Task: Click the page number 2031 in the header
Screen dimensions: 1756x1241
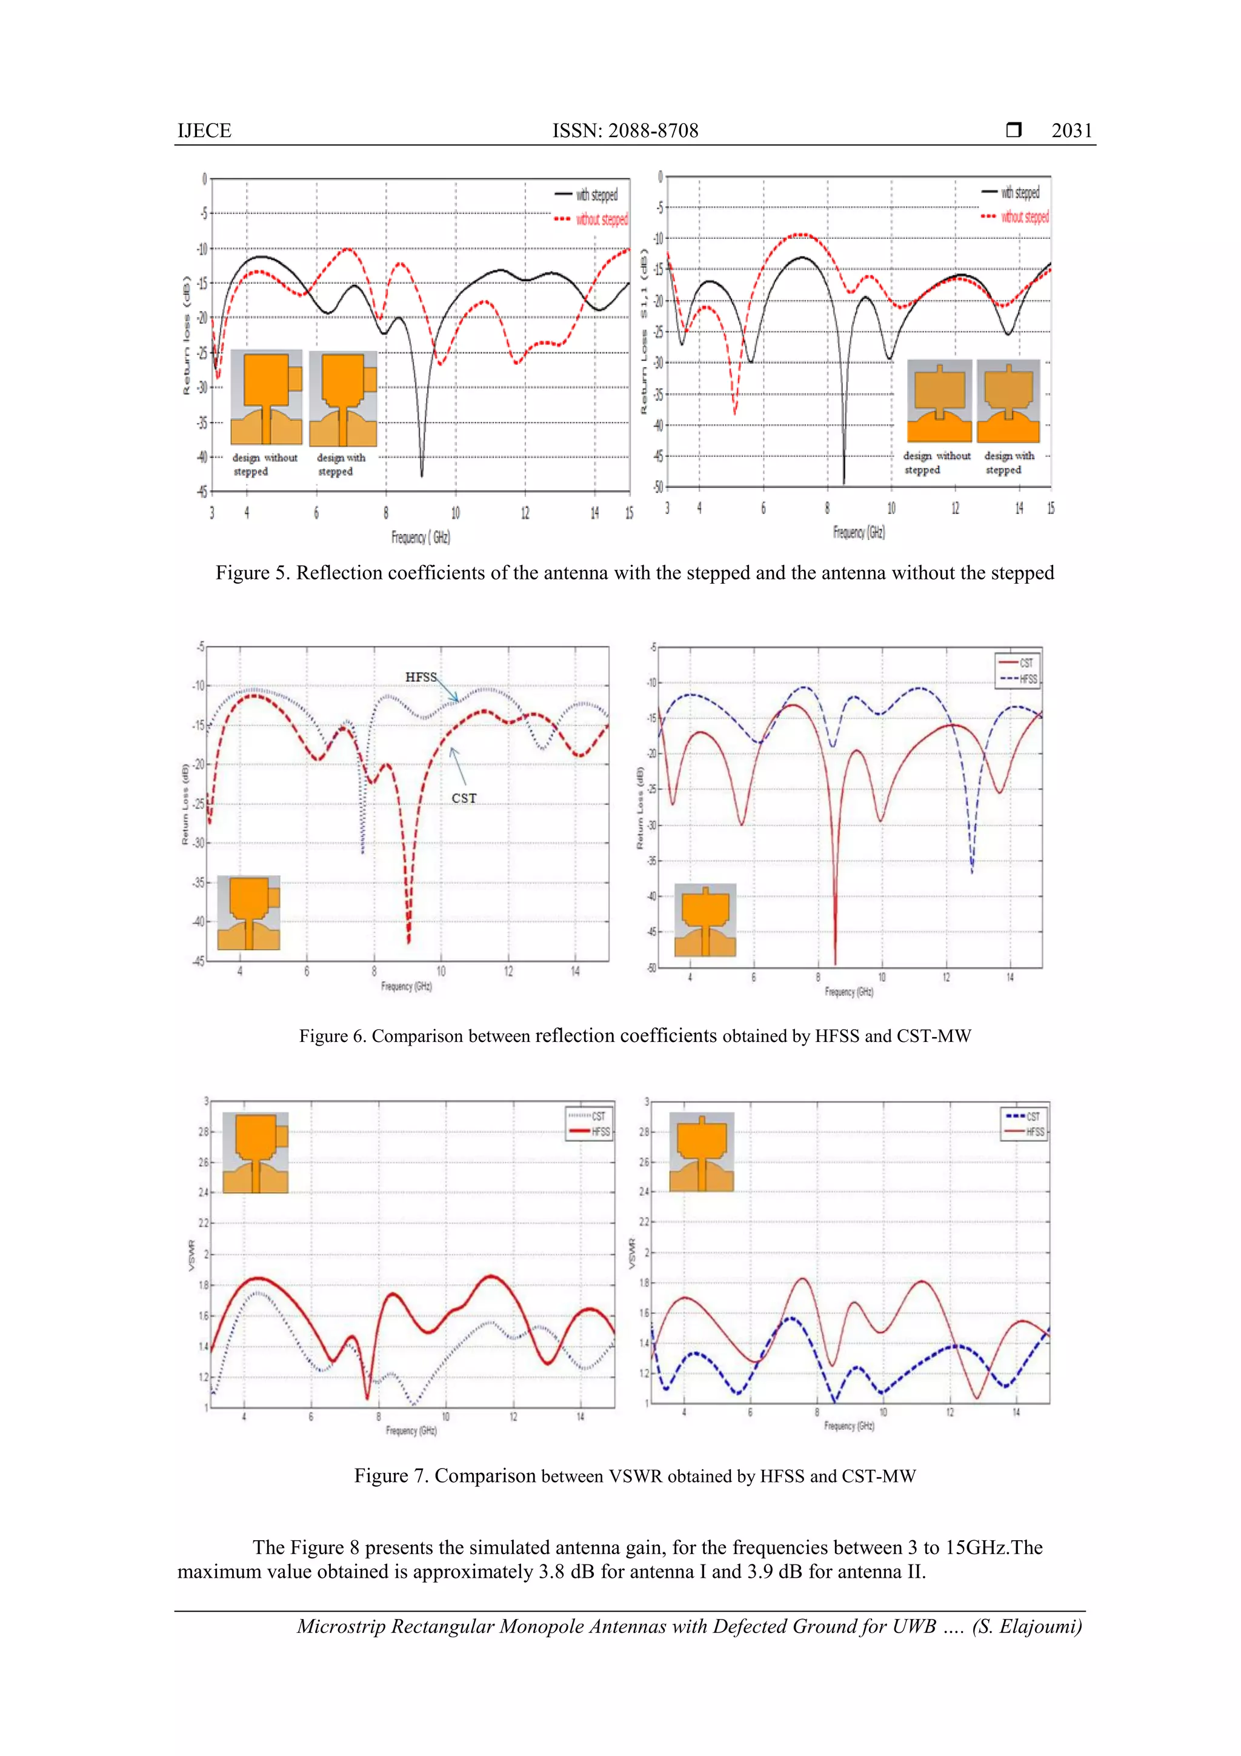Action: coord(1071,131)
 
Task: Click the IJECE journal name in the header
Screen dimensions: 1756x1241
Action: coord(204,131)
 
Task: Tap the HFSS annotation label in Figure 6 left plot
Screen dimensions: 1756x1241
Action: coord(421,677)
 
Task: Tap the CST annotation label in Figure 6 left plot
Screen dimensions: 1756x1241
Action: coord(464,798)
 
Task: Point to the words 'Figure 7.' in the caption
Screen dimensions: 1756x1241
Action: coord(390,1475)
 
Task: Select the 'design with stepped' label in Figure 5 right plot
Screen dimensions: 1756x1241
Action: coord(1008,462)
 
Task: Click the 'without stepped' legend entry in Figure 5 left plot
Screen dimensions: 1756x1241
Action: coord(601,219)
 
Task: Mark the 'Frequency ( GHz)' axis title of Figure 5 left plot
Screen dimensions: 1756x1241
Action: coord(421,537)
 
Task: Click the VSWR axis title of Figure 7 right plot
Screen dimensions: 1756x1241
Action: coord(631,1254)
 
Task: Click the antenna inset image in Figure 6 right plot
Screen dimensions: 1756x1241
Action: coord(705,920)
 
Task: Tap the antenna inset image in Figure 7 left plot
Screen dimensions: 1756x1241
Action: coord(255,1152)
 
